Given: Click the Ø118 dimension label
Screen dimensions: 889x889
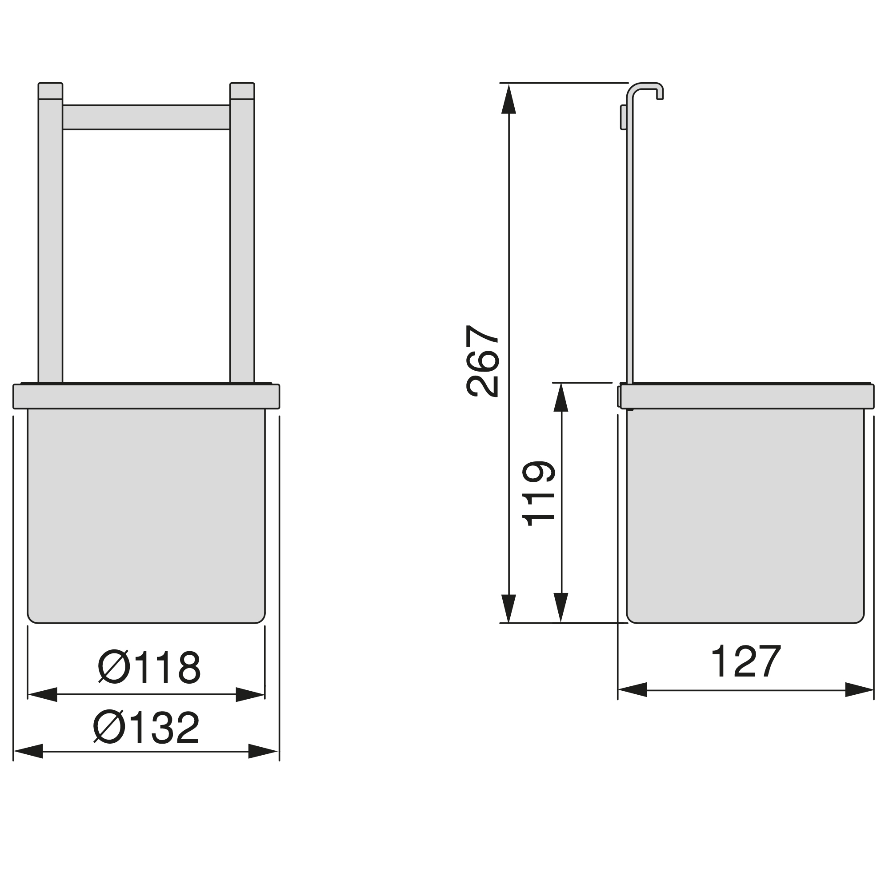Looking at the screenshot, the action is click(x=149, y=667).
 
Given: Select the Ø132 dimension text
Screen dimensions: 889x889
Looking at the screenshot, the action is click(x=146, y=728).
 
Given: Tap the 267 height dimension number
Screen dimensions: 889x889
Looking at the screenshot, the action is click(x=482, y=361).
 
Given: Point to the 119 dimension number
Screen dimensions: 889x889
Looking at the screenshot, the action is click(x=538, y=493).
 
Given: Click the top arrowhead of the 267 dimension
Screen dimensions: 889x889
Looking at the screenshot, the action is click(x=509, y=99).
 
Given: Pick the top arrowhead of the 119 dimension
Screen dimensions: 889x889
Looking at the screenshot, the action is click(x=561, y=397).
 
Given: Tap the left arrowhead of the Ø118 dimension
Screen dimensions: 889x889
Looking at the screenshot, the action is click(x=42, y=694).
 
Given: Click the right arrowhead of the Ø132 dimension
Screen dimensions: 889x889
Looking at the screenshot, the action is click(x=263, y=751).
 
